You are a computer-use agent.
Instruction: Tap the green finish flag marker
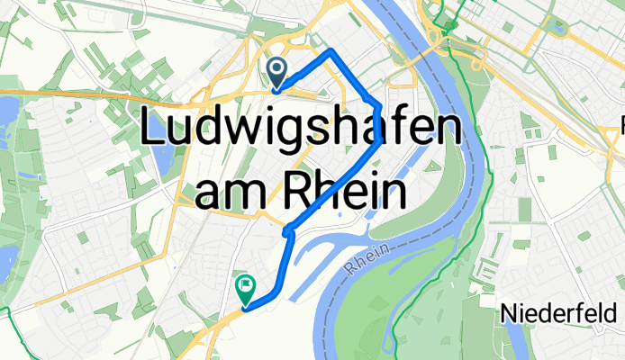245,289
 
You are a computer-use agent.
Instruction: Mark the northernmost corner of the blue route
332,49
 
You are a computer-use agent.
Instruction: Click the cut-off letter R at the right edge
621,121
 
